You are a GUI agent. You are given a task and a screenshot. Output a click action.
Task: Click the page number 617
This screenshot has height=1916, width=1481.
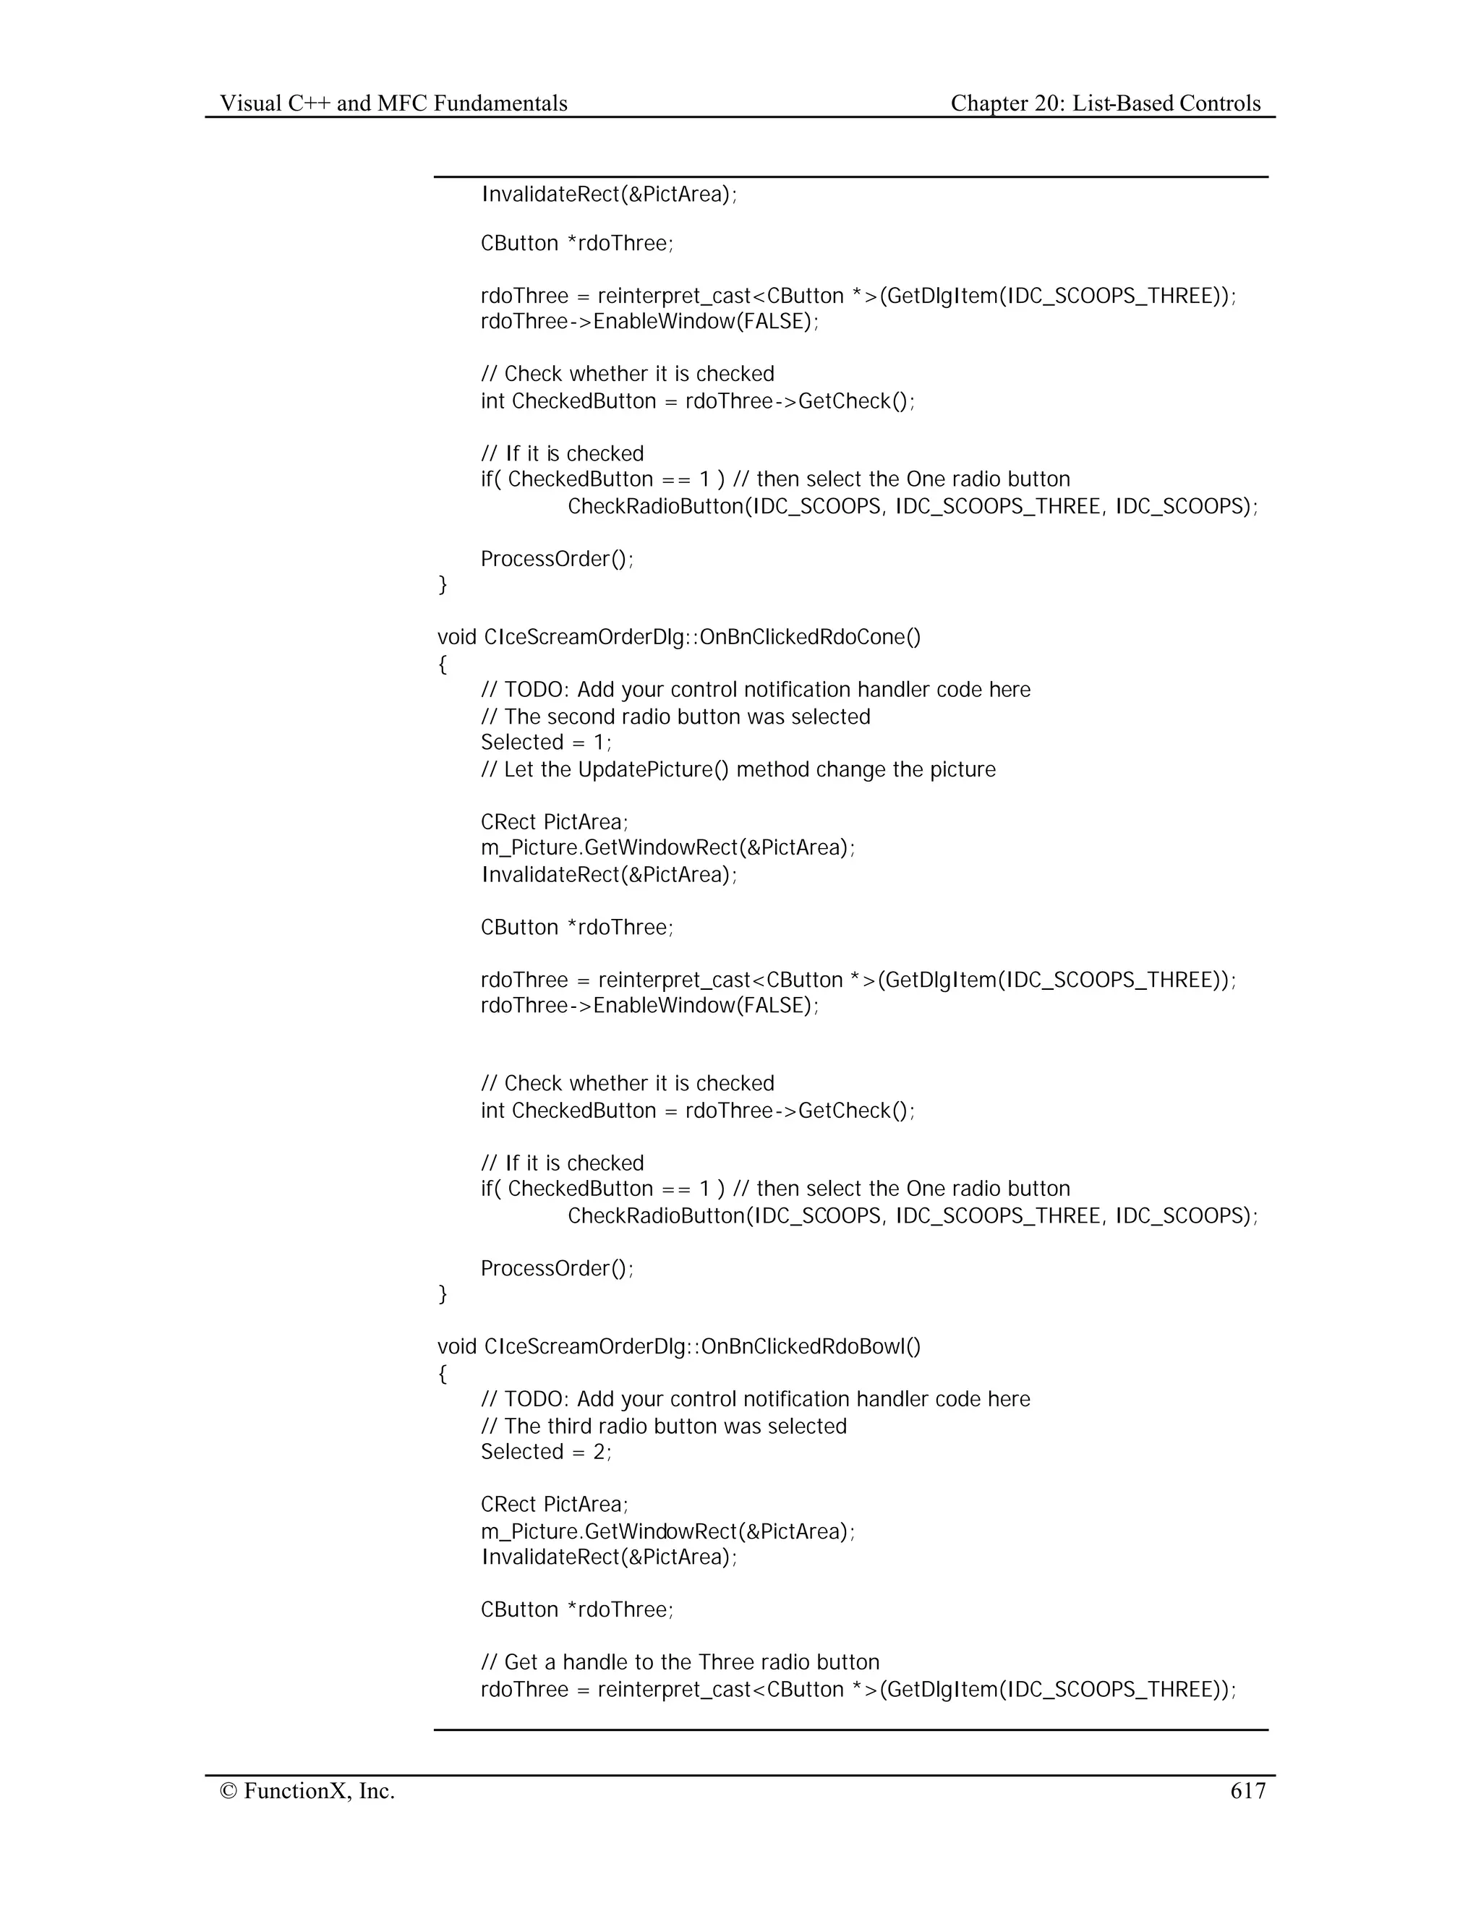[1247, 1790]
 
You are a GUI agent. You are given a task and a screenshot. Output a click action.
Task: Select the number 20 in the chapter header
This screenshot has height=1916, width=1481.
[1046, 103]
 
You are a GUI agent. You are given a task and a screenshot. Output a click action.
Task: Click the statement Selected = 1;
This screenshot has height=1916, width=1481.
[546, 743]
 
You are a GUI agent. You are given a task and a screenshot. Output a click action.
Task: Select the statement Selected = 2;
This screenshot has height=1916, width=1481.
[546, 1451]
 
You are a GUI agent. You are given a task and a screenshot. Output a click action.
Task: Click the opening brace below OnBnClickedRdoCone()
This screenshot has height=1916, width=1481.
[442, 664]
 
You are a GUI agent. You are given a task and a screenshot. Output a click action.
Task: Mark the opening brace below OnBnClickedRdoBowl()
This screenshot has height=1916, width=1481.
[442, 1373]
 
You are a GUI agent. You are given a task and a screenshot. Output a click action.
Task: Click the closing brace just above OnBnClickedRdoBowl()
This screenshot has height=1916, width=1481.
[442, 1293]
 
